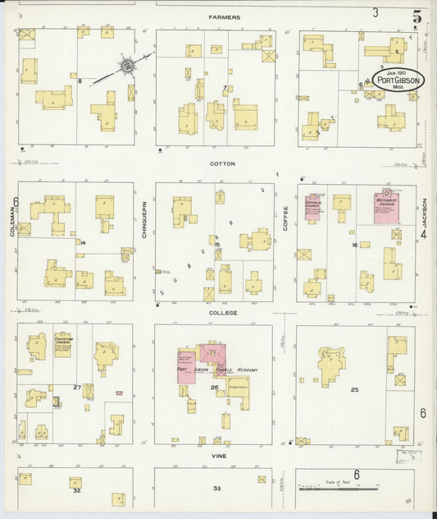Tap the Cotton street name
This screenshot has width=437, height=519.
(x=222, y=163)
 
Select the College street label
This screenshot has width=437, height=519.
(x=222, y=313)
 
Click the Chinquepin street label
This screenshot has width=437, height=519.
(x=143, y=219)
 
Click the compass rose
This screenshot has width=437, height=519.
(x=127, y=65)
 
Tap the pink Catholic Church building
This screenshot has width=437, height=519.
(x=313, y=207)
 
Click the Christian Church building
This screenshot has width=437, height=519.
(x=39, y=347)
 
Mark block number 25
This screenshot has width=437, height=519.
(x=355, y=389)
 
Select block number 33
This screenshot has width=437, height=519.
(x=216, y=488)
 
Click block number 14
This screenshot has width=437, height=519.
(x=83, y=243)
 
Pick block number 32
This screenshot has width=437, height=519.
(x=76, y=490)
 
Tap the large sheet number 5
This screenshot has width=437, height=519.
(x=417, y=15)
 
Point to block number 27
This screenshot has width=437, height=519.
(x=76, y=387)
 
